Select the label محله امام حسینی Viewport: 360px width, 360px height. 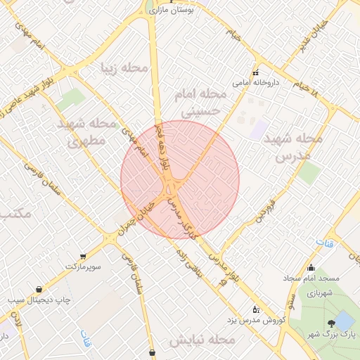point(204,103)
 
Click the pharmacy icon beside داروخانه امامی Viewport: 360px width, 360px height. point(255,73)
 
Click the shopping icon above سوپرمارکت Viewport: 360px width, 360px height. point(84,257)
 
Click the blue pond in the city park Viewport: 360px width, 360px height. point(344,321)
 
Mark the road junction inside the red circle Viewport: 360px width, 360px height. point(171,188)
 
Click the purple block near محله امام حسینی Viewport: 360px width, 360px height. point(259,129)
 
